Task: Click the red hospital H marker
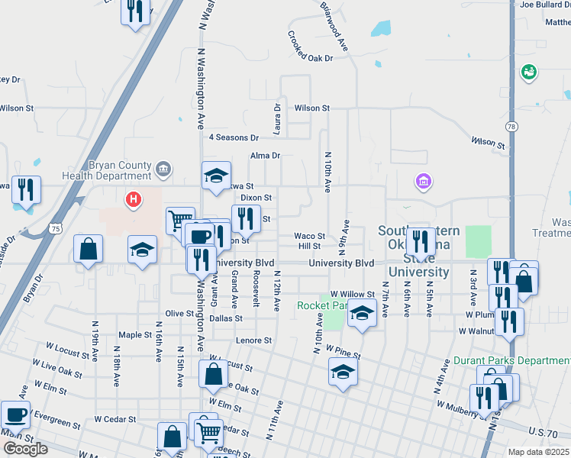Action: (x=134, y=201)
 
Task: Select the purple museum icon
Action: (x=424, y=182)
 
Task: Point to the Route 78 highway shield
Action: (x=511, y=126)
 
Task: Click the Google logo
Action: (x=25, y=449)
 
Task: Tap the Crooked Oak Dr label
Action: (x=311, y=47)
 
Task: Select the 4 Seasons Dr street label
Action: (x=234, y=137)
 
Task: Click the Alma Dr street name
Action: (x=266, y=156)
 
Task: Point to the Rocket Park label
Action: (x=321, y=305)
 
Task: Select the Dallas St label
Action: (x=227, y=318)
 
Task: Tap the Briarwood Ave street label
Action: (x=334, y=25)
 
